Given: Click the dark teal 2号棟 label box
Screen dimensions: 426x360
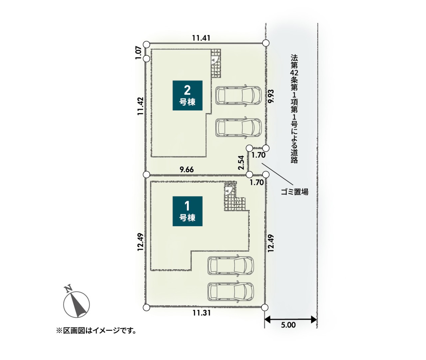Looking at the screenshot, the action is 187,95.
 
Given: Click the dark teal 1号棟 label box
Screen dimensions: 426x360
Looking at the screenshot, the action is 187,211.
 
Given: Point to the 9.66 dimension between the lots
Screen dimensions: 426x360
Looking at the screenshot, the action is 187,170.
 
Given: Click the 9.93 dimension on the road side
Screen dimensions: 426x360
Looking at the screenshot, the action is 271,96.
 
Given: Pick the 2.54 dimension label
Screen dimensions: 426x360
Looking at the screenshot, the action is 241,162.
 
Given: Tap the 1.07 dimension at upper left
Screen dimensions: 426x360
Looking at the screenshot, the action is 138,53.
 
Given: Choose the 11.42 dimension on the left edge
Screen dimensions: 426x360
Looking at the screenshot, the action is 140,106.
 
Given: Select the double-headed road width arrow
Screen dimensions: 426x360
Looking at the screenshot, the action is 291,320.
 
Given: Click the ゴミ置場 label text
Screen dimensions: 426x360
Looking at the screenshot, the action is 295,192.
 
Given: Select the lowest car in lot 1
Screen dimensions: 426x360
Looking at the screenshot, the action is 231,292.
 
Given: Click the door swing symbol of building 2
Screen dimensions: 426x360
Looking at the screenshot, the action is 214,60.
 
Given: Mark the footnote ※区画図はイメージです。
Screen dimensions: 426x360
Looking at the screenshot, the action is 96,331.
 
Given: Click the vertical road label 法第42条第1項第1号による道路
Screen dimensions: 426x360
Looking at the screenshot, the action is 294,109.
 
